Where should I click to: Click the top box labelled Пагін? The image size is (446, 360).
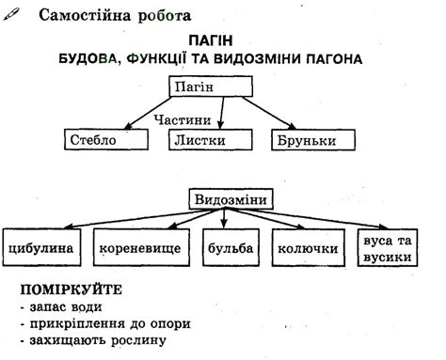pyautogui.click(x=211, y=86)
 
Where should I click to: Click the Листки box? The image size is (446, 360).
pyautogui.click(x=211, y=139)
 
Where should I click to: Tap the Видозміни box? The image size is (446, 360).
pyautogui.click(x=230, y=199)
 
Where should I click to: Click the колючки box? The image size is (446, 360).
pyautogui.click(x=309, y=250)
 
